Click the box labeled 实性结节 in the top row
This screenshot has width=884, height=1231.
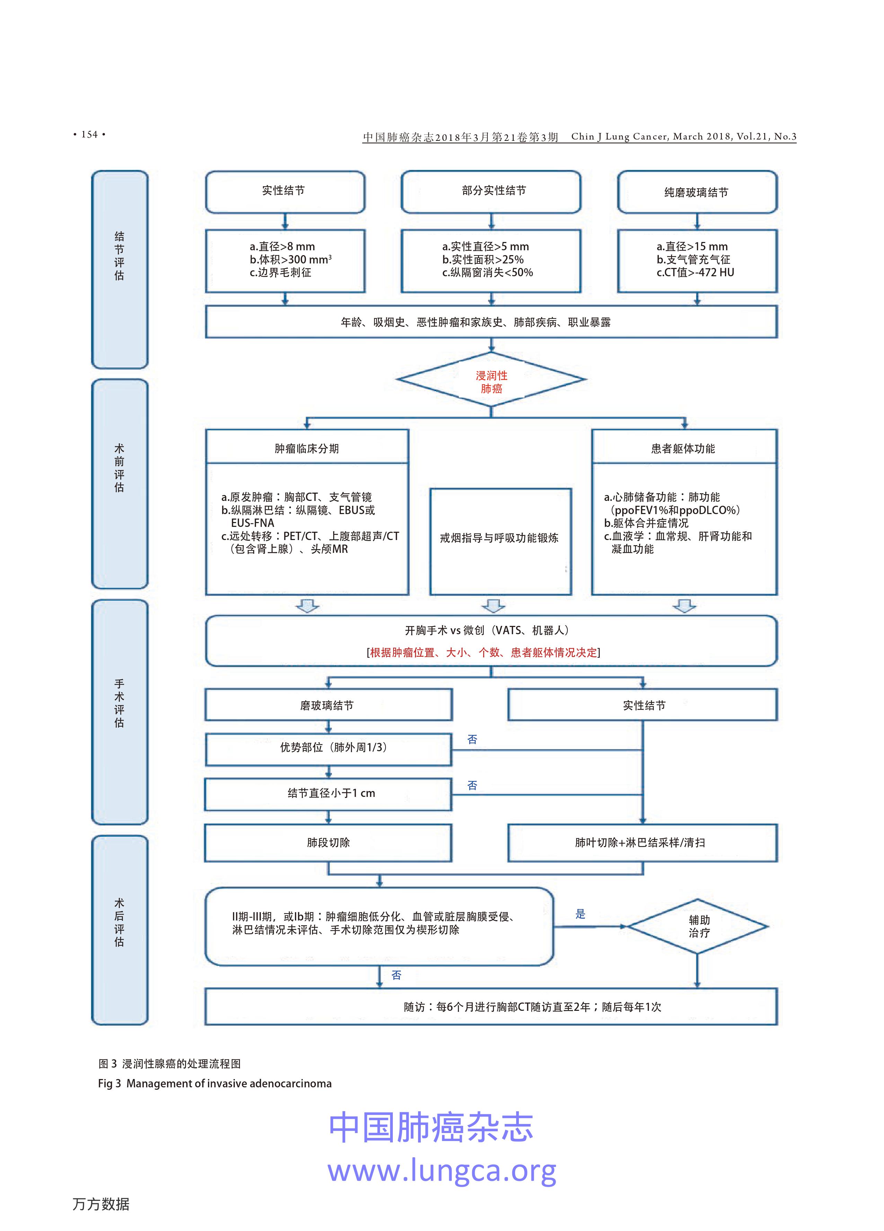pyautogui.click(x=284, y=191)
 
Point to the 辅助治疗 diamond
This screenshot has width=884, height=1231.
pyautogui.click(x=698, y=926)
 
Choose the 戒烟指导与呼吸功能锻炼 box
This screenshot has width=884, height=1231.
pyautogui.click(x=500, y=538)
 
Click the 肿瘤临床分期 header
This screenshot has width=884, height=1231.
pyautogui.click(x=307, y=448)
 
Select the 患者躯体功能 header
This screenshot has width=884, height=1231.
pyautogui.click(x=684, y=448)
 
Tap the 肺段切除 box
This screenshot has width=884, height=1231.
pyautogui.click(x=328, y=842)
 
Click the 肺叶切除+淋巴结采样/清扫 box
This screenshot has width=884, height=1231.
pyautogui.click(x=642, y=842)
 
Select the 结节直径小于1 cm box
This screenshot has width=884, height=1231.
pyautogui.click(x=328, y=793)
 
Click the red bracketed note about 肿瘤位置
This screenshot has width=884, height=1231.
pyautogui.click(x=483, y=653)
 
